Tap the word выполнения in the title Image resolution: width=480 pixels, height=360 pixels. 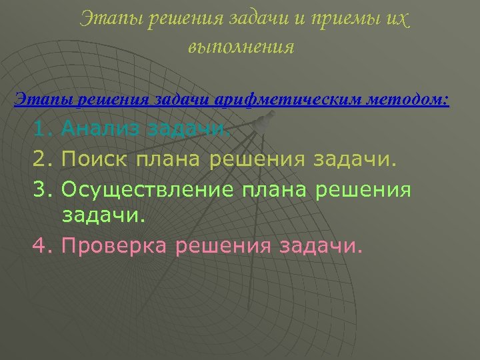pyautogui.click(x=241, y=47)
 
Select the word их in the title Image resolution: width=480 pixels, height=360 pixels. pyautogui.click(x=395, y=20)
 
